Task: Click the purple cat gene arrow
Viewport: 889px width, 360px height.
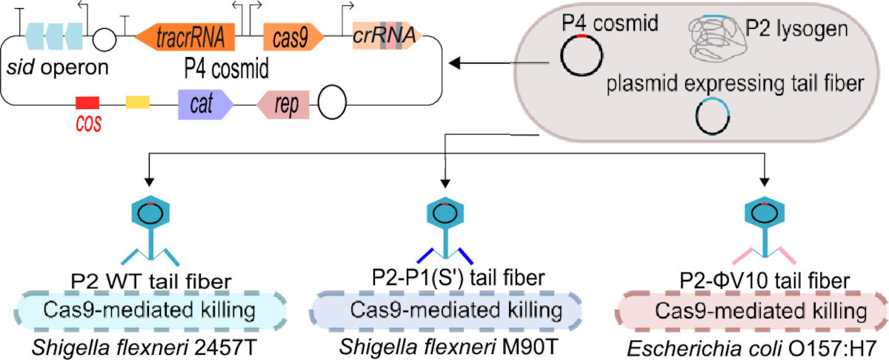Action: [x=204, y=106]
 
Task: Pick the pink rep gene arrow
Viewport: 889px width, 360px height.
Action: [x=282, y=106]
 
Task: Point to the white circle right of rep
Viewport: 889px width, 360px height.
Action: [x=332, y=106]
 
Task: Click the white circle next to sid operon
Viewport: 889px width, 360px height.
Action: [x=101, y=36]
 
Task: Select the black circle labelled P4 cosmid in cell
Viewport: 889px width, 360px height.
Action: [x=581, y=55]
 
